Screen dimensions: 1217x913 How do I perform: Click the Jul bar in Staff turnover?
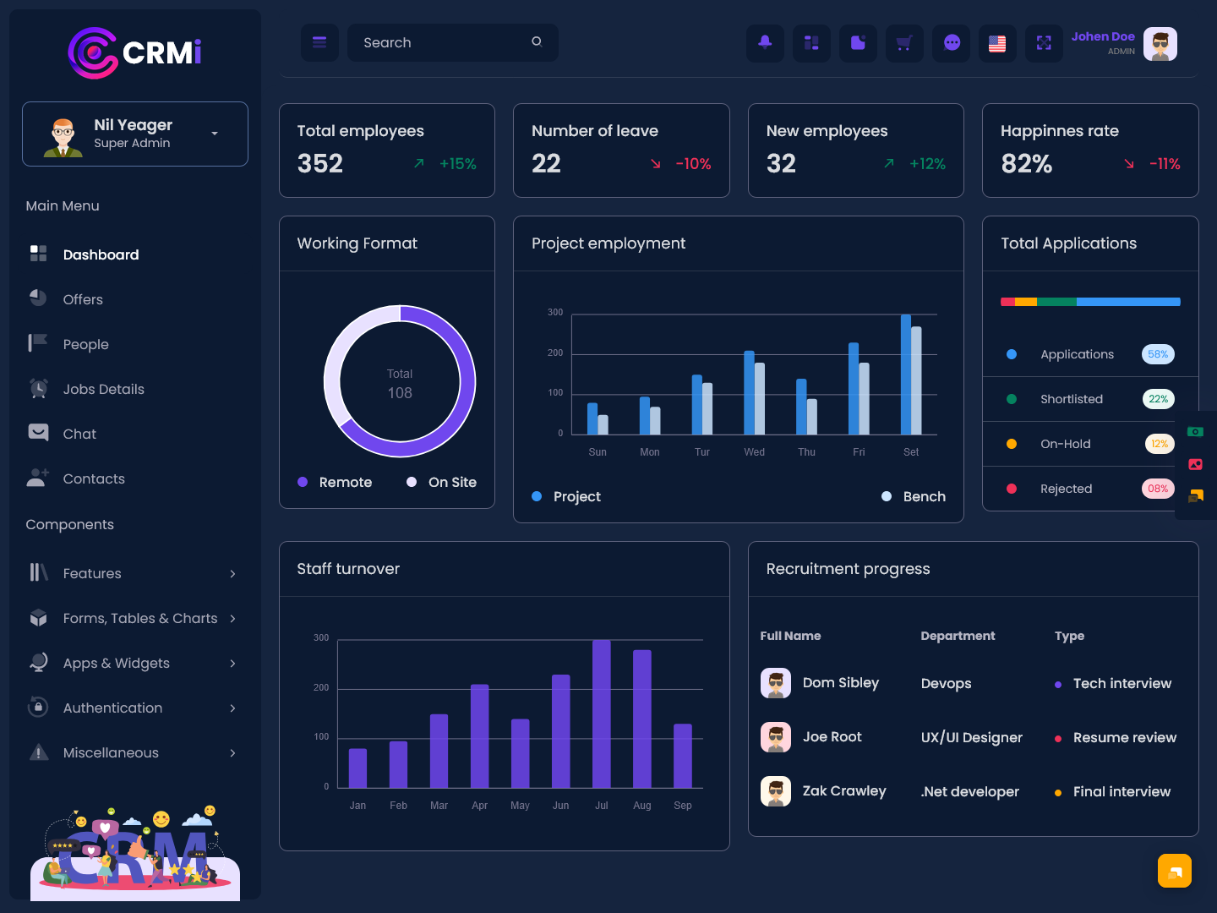coord(601,713)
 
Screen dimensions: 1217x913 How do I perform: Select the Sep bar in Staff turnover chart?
coord(683,756)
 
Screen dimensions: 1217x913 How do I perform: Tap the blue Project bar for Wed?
coord(749,392)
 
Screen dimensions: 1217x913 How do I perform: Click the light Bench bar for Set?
coord(916,380)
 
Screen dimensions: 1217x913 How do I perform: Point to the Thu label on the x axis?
coord(806,451)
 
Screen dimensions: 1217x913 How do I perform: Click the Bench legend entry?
coord(914,496)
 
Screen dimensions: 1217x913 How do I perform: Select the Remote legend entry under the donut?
coord(335,482)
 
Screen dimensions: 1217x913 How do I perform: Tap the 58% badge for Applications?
coord(1158,354)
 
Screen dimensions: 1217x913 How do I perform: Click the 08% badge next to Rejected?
coord(1158,489)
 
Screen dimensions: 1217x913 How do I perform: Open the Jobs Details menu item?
coord(103,389)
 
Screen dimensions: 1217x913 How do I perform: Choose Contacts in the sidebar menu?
coord(94,478)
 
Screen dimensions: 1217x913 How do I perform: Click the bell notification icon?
coord(765,42)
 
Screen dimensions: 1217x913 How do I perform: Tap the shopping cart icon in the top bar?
coord(904,42)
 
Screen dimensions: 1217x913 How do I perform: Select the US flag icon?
coord(997,42)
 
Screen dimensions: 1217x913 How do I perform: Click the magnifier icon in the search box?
coord(536,41)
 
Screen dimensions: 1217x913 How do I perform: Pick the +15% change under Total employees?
coord(457,163)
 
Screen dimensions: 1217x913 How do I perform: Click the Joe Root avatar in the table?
coord(776,736)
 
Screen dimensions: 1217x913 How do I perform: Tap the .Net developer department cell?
coord(969,791)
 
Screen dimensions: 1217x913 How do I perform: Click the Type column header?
coord(1069,636)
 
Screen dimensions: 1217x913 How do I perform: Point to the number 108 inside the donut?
coord(399,393)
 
